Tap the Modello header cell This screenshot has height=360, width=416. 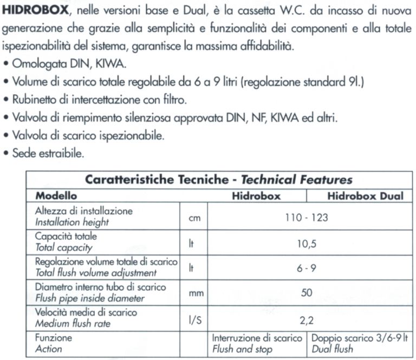56,195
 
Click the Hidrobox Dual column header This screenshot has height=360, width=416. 366,195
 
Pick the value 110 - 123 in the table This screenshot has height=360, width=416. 307,218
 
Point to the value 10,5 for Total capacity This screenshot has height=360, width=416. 307,244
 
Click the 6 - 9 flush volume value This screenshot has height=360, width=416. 307,268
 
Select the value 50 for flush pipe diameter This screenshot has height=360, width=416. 307,293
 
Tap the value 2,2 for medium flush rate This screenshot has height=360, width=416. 307,319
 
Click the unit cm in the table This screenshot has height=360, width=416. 193,218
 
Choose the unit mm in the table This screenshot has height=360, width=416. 195,293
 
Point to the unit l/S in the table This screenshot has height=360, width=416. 194,319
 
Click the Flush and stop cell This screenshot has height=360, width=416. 257,343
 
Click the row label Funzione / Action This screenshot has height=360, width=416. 53,343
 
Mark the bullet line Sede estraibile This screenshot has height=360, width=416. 47,153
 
